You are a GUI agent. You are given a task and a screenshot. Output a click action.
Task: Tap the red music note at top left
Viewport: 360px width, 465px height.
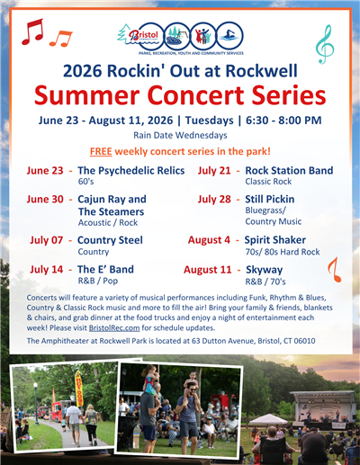pyautogui.click(x=33, y=32)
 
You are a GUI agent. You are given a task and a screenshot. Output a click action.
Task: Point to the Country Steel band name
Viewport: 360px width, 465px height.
pyautogui.click(x=110, y=240)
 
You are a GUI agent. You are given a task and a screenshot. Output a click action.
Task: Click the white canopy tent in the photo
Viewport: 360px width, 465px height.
pyautogui.click(x=267, y=419)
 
